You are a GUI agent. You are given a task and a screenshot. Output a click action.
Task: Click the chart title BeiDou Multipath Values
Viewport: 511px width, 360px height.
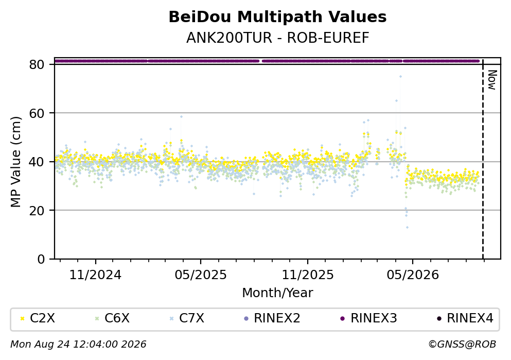click(277, 17)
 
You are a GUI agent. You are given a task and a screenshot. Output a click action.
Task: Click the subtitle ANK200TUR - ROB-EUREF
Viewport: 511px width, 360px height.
click(278, 38)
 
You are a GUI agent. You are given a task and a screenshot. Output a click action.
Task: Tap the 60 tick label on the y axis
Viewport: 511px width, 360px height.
click(37, 113)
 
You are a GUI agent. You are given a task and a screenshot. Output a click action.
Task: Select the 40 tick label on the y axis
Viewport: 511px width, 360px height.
click(37, 162)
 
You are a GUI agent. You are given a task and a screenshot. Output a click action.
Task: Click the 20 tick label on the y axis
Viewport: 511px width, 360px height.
click(37, 210)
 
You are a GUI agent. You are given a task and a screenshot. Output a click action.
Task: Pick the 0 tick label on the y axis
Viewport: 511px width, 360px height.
click(41, 259)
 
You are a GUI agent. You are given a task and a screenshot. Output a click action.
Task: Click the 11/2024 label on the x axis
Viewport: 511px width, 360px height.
click(95, 275)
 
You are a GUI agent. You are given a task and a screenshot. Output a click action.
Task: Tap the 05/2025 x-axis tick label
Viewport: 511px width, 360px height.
click(200, 275)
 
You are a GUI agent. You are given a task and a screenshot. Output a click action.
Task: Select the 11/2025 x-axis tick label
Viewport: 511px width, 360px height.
click(308, 275)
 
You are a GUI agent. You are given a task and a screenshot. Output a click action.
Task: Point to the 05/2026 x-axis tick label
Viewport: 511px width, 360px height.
click(413, 275)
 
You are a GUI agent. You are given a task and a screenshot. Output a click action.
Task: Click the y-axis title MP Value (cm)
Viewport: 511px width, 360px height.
click(16, 162)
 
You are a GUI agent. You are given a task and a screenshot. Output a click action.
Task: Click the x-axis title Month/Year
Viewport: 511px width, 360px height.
click(277, 293)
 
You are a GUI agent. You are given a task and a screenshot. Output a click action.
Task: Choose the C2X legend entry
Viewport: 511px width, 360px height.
click(37, 318)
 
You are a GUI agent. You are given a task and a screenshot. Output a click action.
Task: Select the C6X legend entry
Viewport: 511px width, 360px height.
click(112, 318)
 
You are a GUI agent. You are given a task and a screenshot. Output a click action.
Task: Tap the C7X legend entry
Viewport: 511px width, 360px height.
click(187, 318)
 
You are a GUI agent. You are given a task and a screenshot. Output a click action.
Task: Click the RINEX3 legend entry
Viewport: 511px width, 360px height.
click(368, 318)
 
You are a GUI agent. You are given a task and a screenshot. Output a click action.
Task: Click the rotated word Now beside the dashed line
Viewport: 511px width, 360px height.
click(492, 80)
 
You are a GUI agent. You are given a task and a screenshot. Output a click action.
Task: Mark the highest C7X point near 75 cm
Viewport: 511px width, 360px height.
click(400, 77)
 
